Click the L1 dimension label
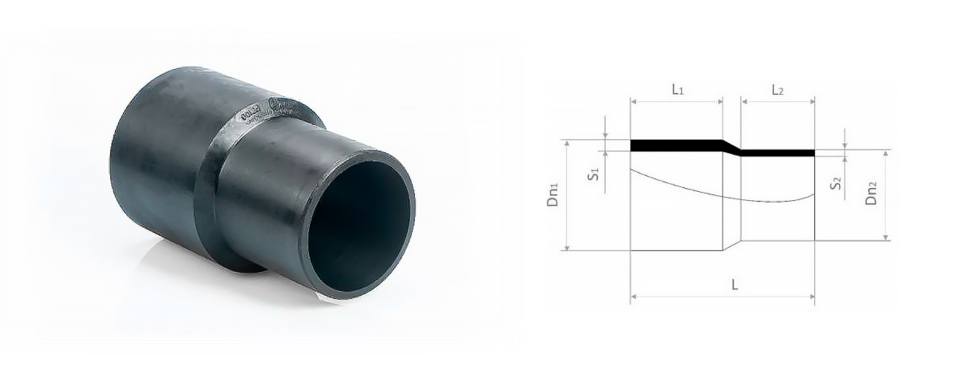(678, 90)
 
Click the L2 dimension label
(778, 90)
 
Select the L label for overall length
(734, 285)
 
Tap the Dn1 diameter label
(553, 194)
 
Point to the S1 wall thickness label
(593, 174)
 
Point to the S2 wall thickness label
(835, 183)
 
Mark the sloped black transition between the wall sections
(732, 148)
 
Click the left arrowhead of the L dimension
(634, 297)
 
